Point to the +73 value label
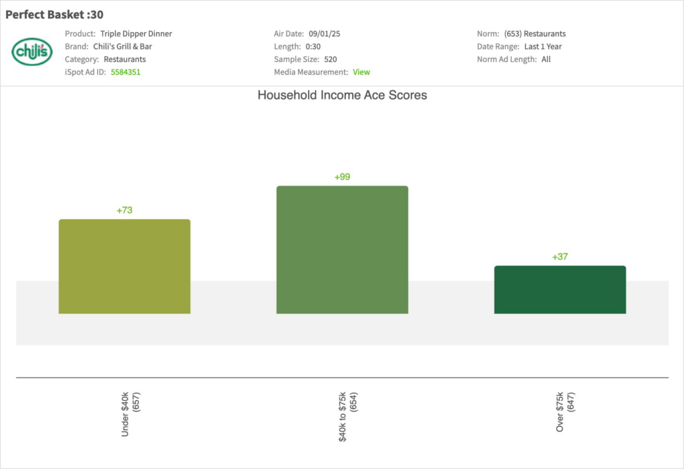pyautogui.click(x=124, y=210)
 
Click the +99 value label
pyautogui.click(x=342, y=177)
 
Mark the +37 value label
pyautogui.click(x=560, y=257)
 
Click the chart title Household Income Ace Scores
pyautogui.click(x=342, y=96)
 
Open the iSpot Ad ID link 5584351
pyautogui.click(x=126, y=72)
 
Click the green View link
pyautogui.click(x=361, y=72)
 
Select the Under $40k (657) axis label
pyautogui.click(x=130, y=415)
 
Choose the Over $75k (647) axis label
pyautogui.click(x=565, y=412)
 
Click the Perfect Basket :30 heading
pyautogui.click(x=54, y=15)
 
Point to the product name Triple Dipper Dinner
pyautogui.click(x=136, y=33)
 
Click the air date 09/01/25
pyautogui.click(x=325, y=33)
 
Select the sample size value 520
pyautogui.click(x=331, y=59)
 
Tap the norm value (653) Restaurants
pyautogui.click(x=535, y=33)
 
